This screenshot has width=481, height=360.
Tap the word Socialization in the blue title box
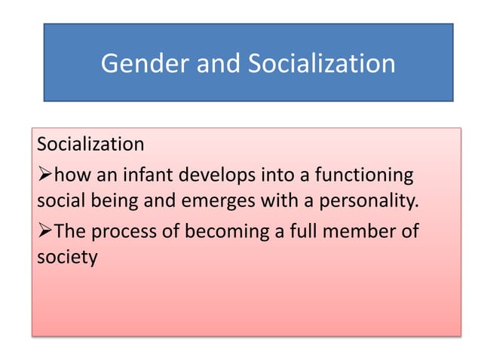pyautogui.click(x=319, y=63)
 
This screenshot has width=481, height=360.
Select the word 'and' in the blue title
pyautogui.click(x=217, y=63)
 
